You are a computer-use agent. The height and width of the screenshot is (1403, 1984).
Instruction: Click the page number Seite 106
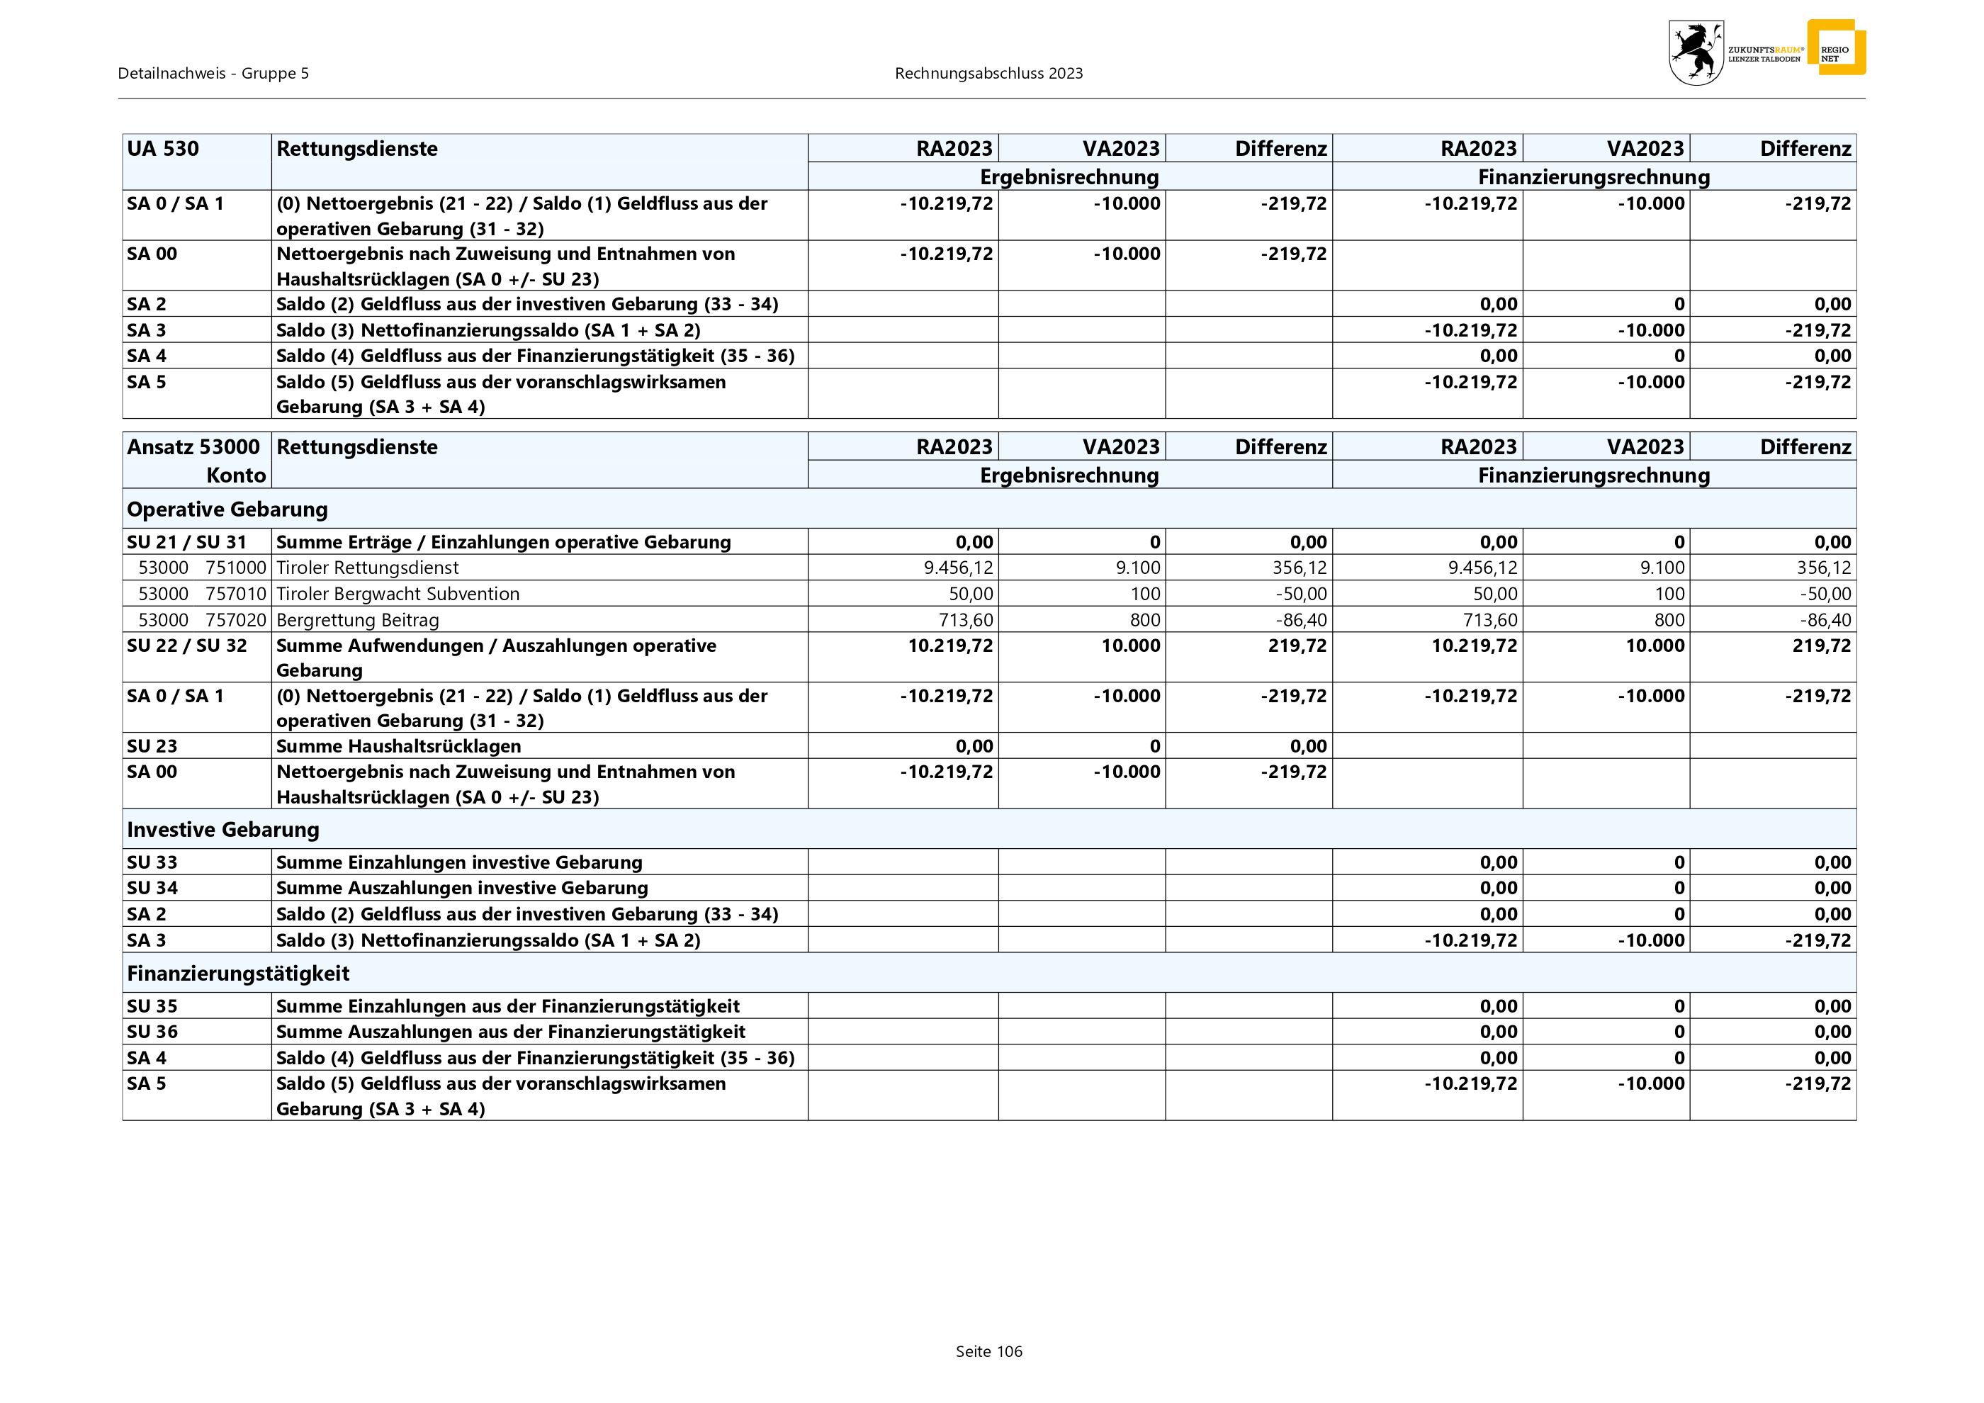pos(988,1351)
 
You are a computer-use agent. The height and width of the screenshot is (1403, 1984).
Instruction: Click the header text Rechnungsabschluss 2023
pos(988,74)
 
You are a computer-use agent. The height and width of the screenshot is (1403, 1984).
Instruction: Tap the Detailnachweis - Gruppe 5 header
pos(213,74)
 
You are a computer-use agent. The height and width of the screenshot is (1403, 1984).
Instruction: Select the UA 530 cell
pos(163,149)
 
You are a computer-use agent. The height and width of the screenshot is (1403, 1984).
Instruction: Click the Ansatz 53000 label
pos(193,446)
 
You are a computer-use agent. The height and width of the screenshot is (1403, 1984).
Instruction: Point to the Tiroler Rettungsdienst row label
pos(367,568)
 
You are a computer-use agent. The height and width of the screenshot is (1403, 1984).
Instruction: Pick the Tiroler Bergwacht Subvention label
pos(398,594)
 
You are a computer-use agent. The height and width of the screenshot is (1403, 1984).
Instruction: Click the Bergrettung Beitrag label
pos(358,619)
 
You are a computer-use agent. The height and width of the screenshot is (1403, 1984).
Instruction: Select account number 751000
pos(236,568)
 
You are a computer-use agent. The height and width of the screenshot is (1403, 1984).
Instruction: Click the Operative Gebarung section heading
pos(227,509)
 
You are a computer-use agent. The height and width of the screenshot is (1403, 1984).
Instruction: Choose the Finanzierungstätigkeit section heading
pos(237,974)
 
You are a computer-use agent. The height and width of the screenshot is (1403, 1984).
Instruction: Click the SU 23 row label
pos(152,745)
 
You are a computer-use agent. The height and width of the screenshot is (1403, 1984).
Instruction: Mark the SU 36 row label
pos(152,1032)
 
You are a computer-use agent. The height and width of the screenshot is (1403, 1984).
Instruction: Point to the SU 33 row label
pos(152,862)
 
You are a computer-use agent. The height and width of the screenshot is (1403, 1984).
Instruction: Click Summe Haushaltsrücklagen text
pos(398,745)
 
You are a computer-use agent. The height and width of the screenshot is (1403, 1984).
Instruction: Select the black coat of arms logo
pos(1696,52)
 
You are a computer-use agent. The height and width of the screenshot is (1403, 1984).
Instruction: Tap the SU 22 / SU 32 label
pos(186,646)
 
